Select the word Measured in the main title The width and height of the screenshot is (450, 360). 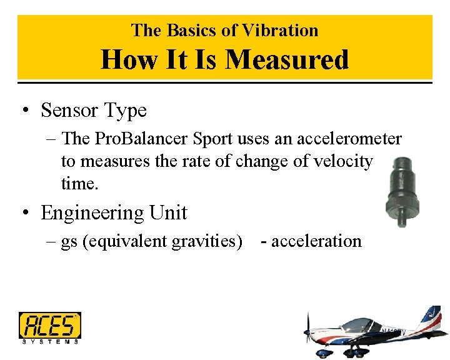287,60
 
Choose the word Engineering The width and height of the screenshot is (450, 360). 91,213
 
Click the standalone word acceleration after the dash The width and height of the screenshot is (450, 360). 316,241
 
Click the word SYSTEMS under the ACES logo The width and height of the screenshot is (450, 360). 49,341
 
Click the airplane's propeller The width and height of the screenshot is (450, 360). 307,331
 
